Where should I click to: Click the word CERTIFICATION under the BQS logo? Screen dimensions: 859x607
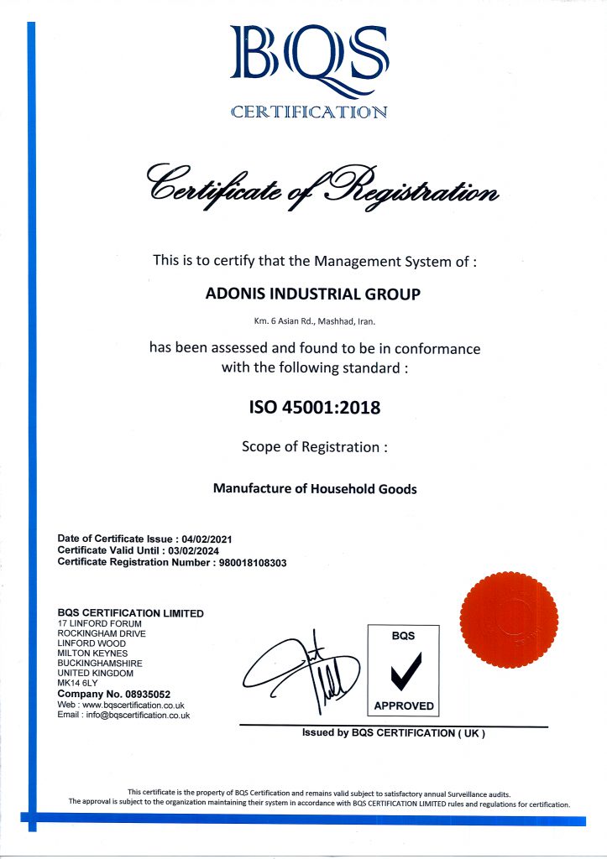tap(308, 112)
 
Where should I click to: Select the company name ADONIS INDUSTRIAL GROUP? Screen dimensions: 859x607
tap(313, 294)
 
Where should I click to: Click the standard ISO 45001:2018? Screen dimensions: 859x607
tap(314, 409)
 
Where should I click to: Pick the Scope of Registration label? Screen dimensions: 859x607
tap(315, 447)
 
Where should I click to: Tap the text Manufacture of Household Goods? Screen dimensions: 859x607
tap(315, 488)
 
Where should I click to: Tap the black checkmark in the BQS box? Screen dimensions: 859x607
tap(403, 669)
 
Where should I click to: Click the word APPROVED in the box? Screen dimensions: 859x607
tap(404, 705)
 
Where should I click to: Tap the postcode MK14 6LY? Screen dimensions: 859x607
tap(76, 684)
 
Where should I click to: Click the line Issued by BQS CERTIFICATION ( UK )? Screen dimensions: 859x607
tap(394, 733)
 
